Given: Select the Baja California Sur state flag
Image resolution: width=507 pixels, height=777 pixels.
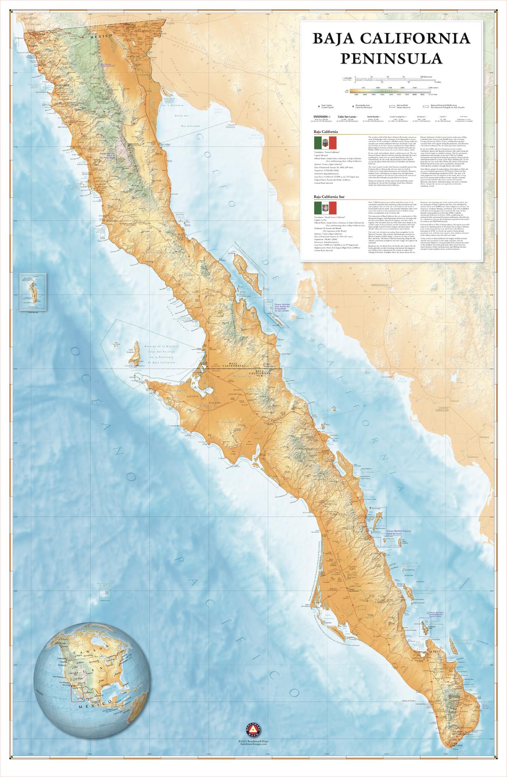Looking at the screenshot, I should [x=326, y=208].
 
